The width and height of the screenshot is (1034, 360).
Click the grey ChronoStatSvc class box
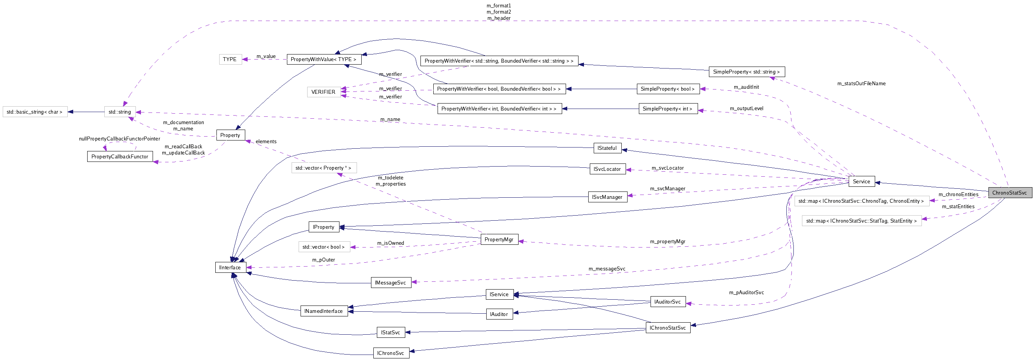[1009, 193]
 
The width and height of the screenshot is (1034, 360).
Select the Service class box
[861, 181]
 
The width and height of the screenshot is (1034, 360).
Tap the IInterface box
[230, 267]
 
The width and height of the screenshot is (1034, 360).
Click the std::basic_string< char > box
[35, 112]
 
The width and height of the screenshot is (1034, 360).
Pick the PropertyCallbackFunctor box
[120, 156]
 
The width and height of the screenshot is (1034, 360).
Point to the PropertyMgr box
[499, 239]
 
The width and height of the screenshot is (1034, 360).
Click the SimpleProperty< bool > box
[668, 89]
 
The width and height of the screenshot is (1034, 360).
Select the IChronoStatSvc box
[668, 327]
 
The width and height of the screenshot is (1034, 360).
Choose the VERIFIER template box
[323, 92]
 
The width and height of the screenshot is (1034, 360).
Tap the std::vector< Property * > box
[324, 168]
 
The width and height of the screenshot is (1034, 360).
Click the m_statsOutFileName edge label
[861, 83]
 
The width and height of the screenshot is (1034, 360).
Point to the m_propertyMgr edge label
[668, 241]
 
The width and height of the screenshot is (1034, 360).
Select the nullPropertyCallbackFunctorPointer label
[119, 139]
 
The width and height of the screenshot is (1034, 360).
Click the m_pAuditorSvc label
[746, 292]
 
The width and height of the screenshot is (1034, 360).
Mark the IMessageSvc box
[390, 283]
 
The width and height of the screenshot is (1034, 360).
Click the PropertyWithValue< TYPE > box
[324, 59]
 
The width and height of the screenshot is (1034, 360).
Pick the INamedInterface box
[324, 311]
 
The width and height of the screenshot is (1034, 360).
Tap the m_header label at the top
[499, 18]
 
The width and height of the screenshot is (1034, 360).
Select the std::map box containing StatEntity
[862, 221]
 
